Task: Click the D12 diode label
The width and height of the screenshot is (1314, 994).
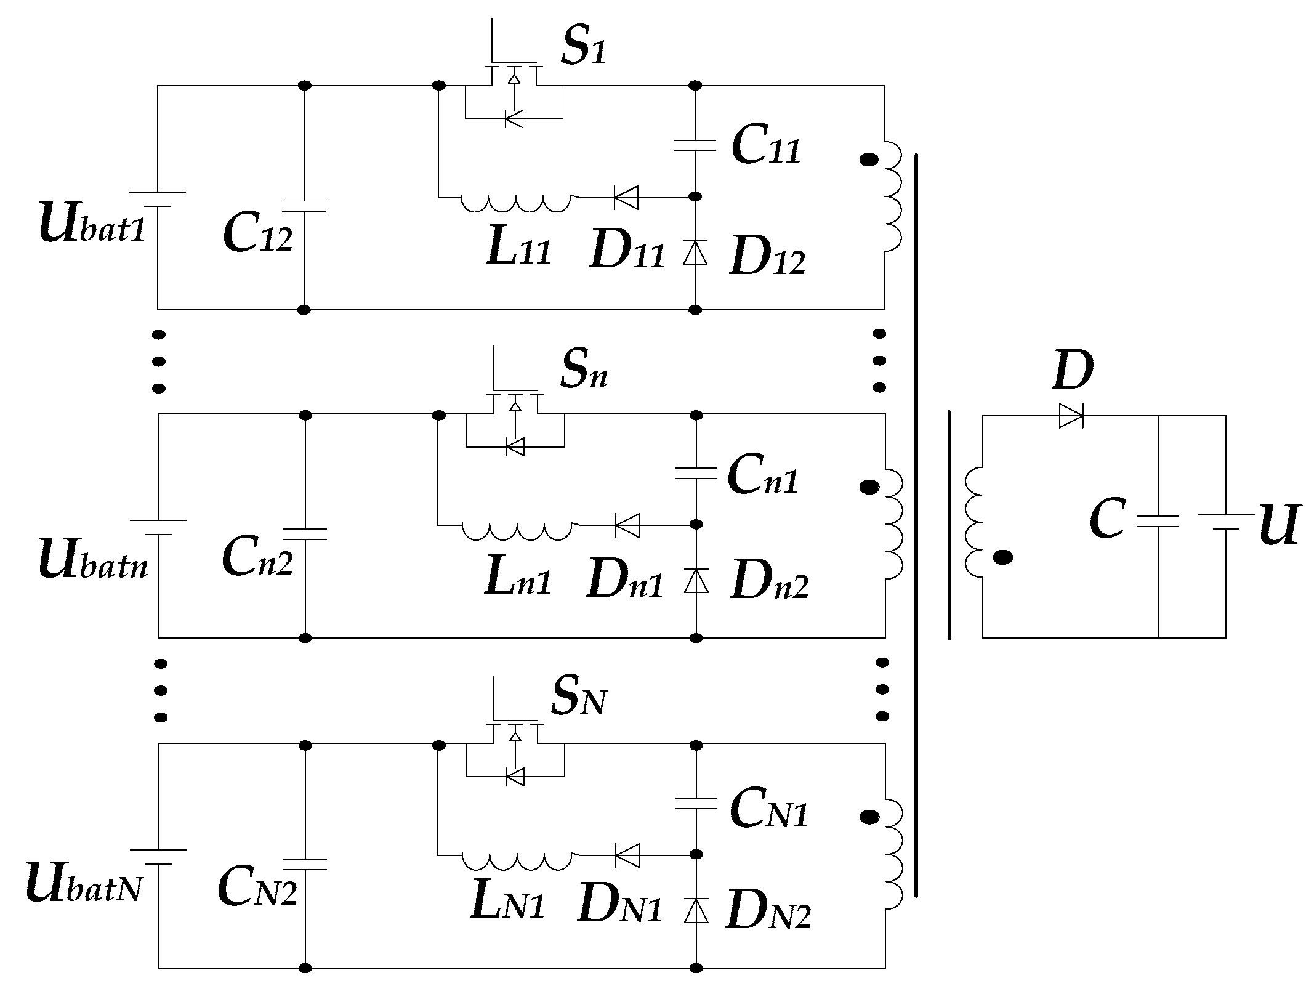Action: (767, 258)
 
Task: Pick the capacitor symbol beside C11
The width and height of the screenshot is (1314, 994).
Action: (695, 145)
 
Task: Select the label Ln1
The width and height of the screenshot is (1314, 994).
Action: (517, 578)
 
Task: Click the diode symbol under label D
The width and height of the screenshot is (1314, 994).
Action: (1071, 416)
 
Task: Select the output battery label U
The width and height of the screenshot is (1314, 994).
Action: (1278, 525)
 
